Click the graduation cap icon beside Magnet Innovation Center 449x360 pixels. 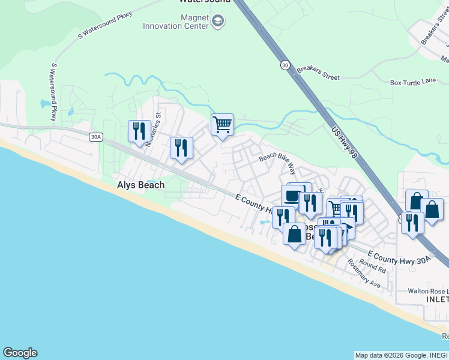point(217,23)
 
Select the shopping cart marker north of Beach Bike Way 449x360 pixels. point(222,125)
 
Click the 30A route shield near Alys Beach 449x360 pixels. point(95,137)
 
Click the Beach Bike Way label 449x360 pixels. point(278,161)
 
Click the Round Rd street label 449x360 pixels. point(373,265)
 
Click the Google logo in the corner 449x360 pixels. point(20,353)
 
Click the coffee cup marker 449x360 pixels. point(292,194)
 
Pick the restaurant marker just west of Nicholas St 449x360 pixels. point(139,131)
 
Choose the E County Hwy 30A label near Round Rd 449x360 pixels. point(399,257)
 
